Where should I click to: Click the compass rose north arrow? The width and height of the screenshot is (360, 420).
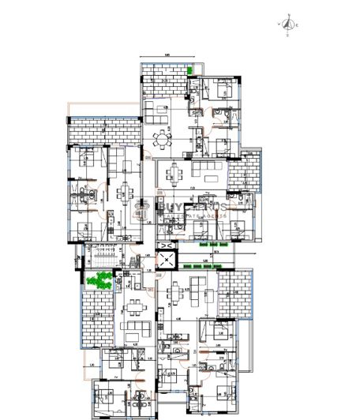[288, 24]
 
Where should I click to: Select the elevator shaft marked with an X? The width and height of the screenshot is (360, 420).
[167, 257]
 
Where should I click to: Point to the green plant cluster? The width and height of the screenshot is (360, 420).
[99, 279]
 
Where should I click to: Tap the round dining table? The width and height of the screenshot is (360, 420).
[162, 141]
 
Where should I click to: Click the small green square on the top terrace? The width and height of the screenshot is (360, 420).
[190, 70]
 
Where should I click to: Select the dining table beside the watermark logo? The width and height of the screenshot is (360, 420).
[122, 192]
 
